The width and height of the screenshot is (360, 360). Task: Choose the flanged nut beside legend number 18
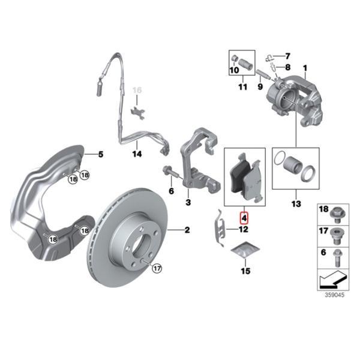pyautogui.click(x=336, y=212)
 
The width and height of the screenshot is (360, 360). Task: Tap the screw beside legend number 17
pyautogui.click(x=336, y=234)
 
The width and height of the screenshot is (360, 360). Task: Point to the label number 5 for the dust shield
pyautogui.click(x=101, y=154)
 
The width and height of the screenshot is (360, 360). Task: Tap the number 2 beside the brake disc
pyautogui.click(x=187, y=230)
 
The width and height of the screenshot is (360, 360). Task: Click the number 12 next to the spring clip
pyautogui.click(x=244, y=229)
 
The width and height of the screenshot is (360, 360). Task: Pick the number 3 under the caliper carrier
pyautogui.click(x=188, y=203)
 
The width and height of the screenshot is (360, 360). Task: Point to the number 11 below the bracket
pyautogui.click(x=242, y=87)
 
